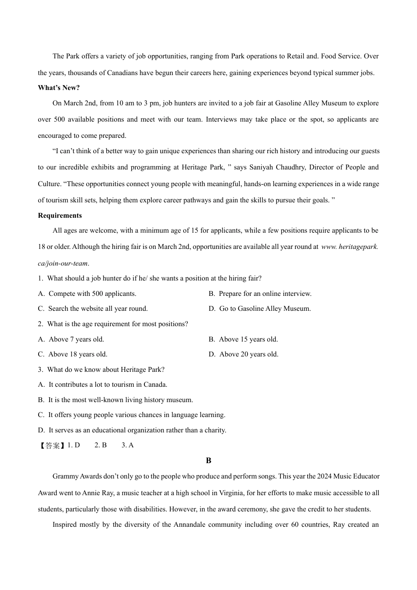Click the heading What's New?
[x=59, y=88]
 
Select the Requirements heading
[x=60, y=216]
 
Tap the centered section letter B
[x=208, y=460]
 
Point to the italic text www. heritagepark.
[x=349, y=247]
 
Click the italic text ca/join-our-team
[x=63, y=263]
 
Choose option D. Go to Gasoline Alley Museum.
[x=259, y=309]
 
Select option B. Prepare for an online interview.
[x=260, y=294]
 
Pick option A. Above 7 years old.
[x=71, y=339]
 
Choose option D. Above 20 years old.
[x=243, y=354]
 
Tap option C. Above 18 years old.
[x=72, y=354]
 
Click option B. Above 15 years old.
[x=243, y=339]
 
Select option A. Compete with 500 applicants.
[x=87, y=294]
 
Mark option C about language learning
[x=132, y=415]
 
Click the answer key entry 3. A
[x=127, y=445]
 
